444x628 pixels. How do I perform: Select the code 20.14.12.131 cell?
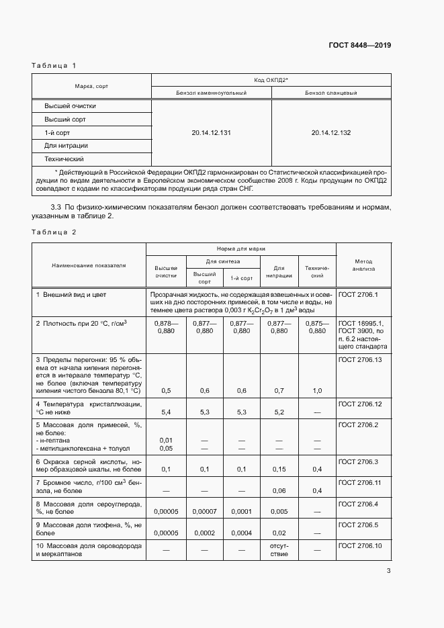211,133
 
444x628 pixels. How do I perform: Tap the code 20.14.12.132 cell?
330,133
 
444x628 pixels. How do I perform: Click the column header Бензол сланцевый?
330,93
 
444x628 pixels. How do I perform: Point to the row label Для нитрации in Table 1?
66,146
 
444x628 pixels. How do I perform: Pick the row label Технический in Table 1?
64,159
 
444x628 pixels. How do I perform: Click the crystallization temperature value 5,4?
166,412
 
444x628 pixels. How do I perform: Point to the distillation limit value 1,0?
317,390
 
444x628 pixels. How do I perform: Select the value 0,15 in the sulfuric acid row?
279,469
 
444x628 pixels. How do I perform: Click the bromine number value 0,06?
279,491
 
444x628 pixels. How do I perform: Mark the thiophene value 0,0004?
242,533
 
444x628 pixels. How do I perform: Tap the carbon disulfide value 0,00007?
204,511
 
